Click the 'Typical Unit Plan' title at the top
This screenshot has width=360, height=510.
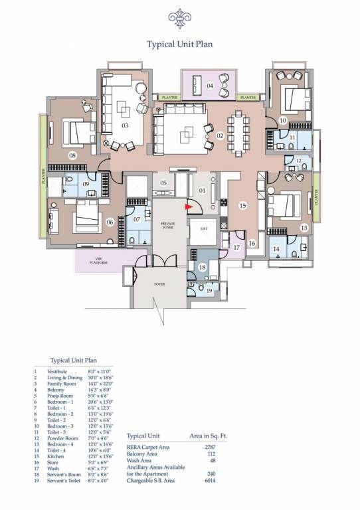179,44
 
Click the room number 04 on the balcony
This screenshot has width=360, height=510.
210,86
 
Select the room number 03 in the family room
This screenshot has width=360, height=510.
124,125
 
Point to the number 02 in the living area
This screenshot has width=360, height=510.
221,136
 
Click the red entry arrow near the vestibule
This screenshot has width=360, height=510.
189,207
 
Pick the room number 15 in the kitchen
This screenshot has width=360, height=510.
243,206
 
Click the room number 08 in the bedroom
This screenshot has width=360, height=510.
72,155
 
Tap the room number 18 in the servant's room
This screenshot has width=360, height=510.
203,268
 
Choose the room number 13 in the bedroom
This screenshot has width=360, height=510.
304,228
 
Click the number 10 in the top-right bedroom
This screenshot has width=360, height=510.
283,121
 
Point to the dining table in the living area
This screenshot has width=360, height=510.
240,131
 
